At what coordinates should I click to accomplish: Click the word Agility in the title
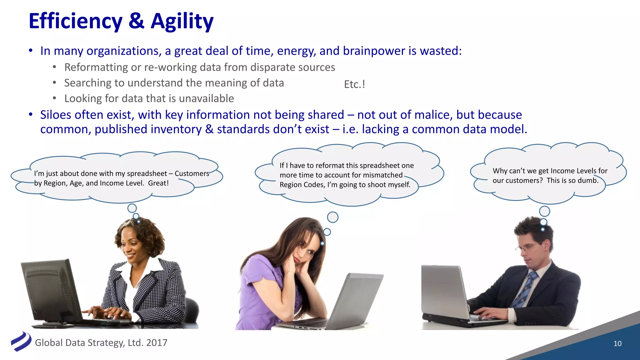[182, 21]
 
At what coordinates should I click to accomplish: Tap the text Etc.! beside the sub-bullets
[354, 84]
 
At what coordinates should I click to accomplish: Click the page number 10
[617, 343]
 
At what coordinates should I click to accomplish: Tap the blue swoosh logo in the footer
[21, 342]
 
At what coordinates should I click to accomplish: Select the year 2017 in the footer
[157, 343]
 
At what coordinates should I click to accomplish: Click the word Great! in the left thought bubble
[158, 183]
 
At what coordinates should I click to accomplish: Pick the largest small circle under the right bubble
[544, 211]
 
